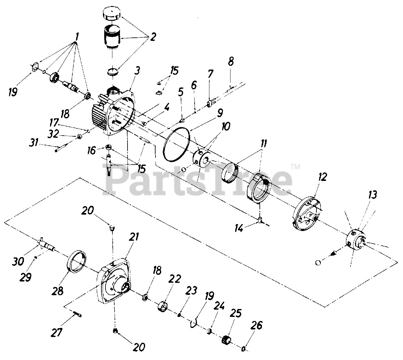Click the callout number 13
(x=372, y=195)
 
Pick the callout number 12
(x=323, y=176)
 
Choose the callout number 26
(x=257, y=326)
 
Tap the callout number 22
(x=176, y=279)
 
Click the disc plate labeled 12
(x=307, y=215)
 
